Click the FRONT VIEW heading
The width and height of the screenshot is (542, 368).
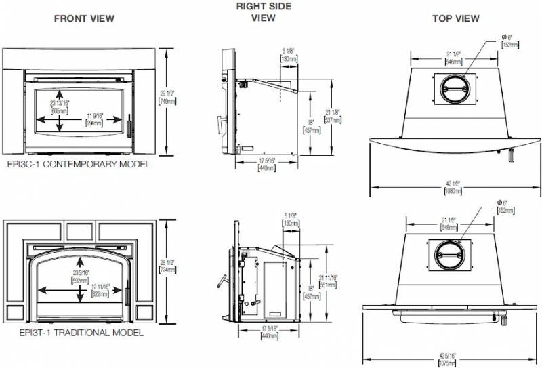click(84, 18)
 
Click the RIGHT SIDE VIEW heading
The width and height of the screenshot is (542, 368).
click(264, 12)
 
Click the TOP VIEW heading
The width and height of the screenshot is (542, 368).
click(456, 18)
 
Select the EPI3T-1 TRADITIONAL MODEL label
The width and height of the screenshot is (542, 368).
click(72, 333)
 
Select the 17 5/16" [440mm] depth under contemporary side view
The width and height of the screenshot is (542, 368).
click(267, 164)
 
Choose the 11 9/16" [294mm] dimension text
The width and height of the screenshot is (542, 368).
click(93, 120)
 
